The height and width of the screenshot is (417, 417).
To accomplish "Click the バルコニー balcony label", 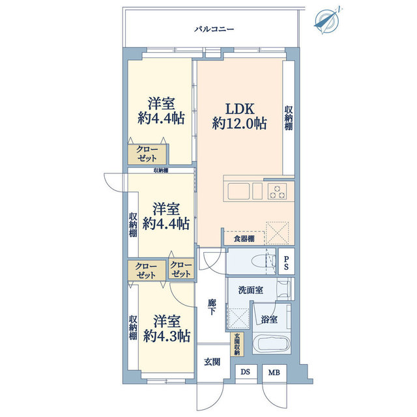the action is point(214,29).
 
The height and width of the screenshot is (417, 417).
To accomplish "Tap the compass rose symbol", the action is point(327,21).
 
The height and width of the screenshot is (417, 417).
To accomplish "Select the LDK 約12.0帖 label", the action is point(239,116).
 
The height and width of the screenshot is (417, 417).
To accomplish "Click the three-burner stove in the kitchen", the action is point(277,191).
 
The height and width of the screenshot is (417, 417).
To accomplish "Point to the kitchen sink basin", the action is point(238,191).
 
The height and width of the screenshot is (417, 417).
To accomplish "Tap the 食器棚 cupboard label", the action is point(244,238).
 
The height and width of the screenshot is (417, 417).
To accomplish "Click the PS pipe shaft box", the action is point(287,261).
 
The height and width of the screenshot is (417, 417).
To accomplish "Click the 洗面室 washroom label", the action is point(250,290).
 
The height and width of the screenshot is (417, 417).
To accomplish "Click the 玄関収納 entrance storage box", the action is point(237,344).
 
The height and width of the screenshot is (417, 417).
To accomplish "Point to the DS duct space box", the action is point(246,372).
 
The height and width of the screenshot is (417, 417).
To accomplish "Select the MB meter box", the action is point(274,373).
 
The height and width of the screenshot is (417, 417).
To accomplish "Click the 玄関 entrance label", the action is point(212,362).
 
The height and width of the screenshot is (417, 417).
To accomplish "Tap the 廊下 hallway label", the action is point(212,307).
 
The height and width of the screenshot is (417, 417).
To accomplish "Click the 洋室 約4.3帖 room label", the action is point(167,329).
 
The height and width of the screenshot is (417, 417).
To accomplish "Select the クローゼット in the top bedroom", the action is point(147,154).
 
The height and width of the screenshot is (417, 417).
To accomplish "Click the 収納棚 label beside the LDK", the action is point(289,118).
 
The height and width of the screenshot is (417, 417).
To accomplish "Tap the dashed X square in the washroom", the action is point(239,318).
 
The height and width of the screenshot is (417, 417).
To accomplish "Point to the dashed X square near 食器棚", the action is point(278,233).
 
